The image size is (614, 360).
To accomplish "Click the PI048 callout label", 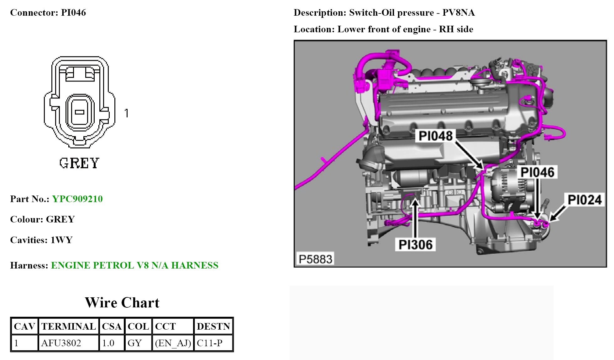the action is pyautogui.click(x=435, y=136).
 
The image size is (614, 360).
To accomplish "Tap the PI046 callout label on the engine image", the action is pyautogui.click(x=537, y=172).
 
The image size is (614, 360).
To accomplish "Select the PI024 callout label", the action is pyautogui.click(x=585, y=200).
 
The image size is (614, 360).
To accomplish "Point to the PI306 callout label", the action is pyautogui.click(x=415, y=245).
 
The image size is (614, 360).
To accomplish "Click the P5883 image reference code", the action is pyautogui.click(x=315, y=259).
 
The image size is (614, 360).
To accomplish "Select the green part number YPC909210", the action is pyautogui.click(x=77, y=199).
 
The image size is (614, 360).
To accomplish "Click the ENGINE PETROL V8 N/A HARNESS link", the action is pyautogui.click(x=134, y=265).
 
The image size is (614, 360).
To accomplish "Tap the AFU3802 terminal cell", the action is pyautogui.click(x=61, y=343).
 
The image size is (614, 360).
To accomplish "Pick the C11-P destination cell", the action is pyautogui.click(x=209, y=343).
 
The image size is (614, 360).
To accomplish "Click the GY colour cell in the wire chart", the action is pyautogui.click(x=135, y=343).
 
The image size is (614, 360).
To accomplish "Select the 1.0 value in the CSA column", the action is pyautogui.click(x=108, y=343).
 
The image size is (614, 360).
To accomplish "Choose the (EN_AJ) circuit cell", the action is pyautogui.click(x=173, y=343).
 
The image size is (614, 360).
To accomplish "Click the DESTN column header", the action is pyautogui.click(x=213, y=326).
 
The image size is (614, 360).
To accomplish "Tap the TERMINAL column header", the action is pyautogui.click(x=68, y=326).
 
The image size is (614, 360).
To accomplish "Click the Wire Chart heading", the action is pyautogui.click(x=122, y=303).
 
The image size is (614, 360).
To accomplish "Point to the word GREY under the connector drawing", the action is pyautogui.click(x=79, y=163).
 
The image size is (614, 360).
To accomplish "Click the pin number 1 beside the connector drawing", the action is pyautogui.click(x=126, y=113).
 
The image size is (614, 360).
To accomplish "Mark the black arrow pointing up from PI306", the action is pyautogui.click(x=415, y=218).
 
